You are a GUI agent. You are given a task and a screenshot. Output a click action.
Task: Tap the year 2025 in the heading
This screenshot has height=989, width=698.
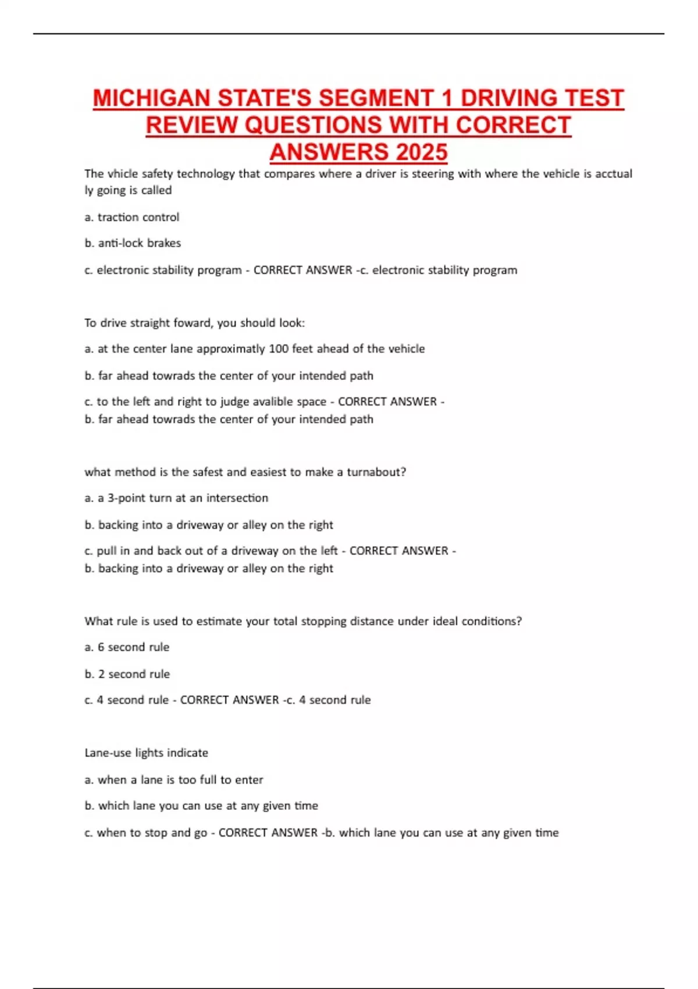click(422, 152)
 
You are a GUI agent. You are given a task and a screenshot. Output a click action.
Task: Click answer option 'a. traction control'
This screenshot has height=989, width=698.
click(132, 217)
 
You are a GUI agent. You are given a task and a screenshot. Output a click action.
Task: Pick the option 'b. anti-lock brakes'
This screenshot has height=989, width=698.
click(133, 243)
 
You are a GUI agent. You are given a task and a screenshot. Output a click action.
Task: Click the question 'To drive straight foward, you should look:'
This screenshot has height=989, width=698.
click(194, 323)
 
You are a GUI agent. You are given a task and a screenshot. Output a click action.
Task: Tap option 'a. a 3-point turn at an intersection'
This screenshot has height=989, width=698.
click(176, 498)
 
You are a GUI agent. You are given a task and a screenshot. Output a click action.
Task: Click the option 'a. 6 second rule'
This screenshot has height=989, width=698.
click(127, 647)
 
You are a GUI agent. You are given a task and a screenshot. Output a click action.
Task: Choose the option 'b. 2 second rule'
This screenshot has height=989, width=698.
click(127, 674)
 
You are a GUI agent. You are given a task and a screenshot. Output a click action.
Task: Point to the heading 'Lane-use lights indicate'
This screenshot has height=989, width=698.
click(146, 753)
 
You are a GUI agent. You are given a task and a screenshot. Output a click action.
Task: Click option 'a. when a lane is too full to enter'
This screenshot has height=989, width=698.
click(173, 780)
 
